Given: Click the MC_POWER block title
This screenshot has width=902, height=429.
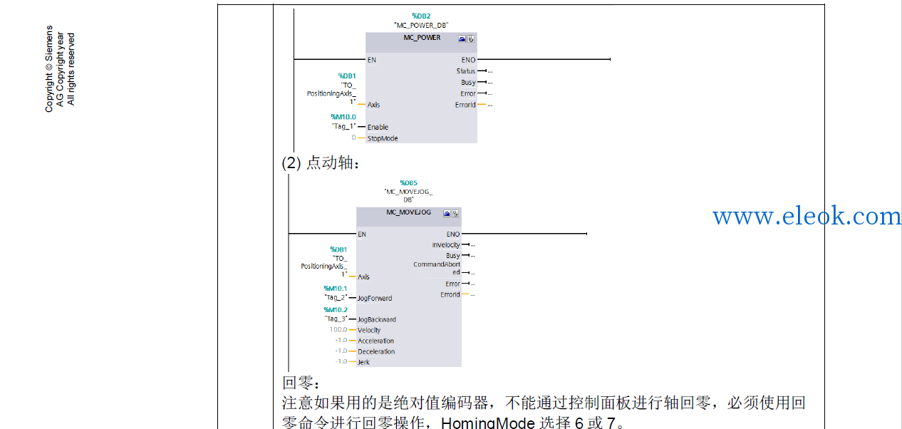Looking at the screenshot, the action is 422,38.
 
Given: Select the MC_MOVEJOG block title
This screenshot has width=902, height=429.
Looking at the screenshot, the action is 408,212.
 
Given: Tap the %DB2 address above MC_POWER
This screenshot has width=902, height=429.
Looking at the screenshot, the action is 421,16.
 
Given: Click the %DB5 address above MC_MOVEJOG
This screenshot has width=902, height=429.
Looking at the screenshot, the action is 408,182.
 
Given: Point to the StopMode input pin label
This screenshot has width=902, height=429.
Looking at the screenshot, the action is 383,138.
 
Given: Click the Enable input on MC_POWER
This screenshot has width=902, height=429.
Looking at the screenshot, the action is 378,127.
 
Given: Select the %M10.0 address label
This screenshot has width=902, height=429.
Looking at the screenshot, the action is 343,117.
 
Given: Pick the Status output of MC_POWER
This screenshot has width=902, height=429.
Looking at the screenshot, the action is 465,71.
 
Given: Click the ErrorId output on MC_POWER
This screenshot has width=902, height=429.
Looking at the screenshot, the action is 465,105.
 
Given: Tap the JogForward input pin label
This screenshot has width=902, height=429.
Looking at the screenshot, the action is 375,298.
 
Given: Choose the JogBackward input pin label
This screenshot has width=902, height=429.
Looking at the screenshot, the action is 376,319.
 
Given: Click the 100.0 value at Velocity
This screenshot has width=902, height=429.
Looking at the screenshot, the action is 338,329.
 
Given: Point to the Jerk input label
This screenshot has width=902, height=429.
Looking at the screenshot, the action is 363,362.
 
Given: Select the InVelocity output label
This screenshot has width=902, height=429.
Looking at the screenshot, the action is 446,244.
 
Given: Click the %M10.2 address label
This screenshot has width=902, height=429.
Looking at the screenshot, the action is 335,310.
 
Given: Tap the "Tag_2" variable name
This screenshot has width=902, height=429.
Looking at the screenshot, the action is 336,297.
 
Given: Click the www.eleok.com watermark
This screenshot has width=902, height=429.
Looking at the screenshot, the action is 807,216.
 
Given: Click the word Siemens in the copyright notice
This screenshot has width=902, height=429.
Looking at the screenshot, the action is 48,43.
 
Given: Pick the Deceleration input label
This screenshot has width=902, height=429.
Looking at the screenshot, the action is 376,351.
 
